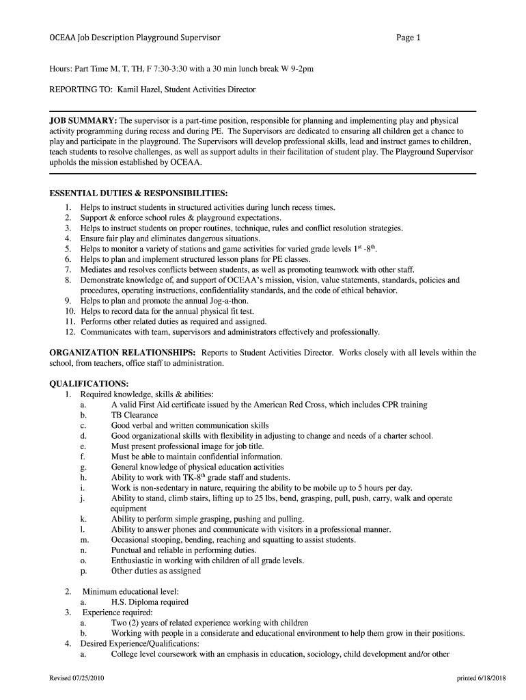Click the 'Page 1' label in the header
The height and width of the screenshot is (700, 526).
click(409, 38)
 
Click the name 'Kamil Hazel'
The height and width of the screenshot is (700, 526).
click(139, 90)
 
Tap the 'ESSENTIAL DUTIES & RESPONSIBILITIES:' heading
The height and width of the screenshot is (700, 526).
click(139, 193)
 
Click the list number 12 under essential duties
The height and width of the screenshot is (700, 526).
click(69, 332)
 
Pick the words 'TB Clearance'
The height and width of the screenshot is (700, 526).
click(135, 415)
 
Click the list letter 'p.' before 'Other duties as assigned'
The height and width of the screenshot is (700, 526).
click(83, 571)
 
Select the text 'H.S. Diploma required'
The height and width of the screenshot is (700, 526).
click(150, 602)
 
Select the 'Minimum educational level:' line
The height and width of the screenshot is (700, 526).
click(130, 591)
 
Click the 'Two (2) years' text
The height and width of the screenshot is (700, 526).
click(135, 623)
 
